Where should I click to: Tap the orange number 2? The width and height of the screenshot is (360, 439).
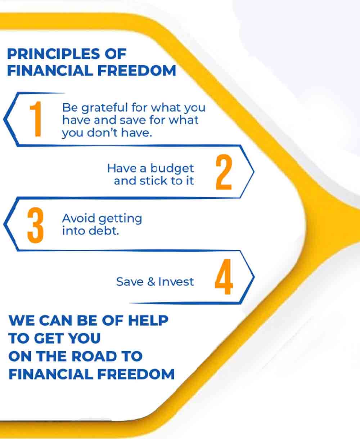tap(224, 172)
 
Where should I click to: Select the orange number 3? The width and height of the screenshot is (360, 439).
tap(35, 225)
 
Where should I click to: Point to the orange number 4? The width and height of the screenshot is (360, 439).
tap(224, 277)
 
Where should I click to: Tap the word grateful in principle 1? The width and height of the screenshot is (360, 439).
tap(104, 108)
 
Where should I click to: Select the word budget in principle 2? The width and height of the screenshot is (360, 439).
tap(172, 169)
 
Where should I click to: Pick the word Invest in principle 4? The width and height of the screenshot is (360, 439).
tap(176, 282)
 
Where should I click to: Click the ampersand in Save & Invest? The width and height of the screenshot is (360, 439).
tap(151, 282)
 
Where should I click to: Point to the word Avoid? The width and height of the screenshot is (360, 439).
tap(78, 218)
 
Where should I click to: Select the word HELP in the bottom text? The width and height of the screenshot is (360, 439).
tap(148, 321)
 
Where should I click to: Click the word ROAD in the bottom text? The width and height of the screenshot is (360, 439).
tap(94, 356)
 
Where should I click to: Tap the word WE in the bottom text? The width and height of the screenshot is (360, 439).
tap(22, 321)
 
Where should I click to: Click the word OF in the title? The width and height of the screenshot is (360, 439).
tap(116, 54)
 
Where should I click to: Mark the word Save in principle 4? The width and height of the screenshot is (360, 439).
tap(130, 282)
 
